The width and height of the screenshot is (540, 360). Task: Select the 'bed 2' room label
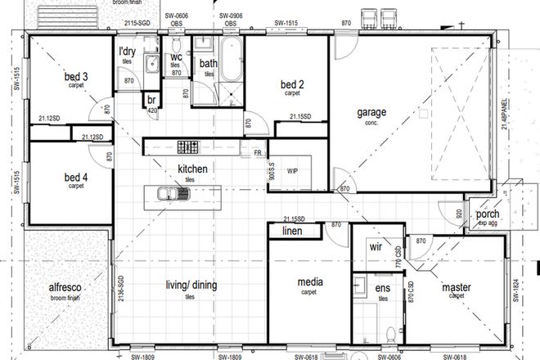292,85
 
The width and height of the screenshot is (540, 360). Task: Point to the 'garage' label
371,112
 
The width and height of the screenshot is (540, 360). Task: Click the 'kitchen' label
193,169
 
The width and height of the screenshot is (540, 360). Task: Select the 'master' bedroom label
456,287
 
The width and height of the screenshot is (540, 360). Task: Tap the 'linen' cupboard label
292,232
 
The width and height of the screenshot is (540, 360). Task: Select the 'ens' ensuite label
382,290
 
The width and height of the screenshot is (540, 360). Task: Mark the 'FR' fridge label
258,152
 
